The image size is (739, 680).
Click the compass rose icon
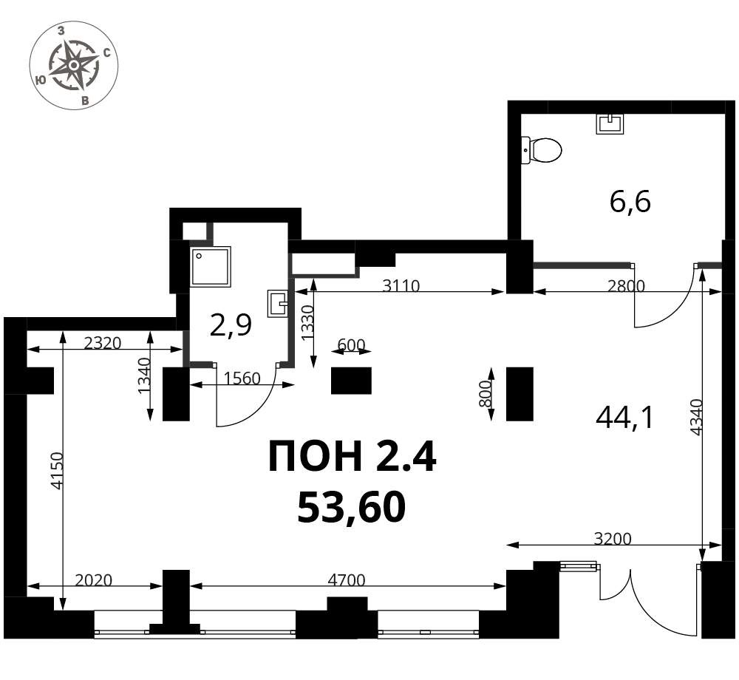coord(74,65)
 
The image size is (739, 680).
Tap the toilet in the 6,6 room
coord(542,150)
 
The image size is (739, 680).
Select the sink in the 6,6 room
coord(611,123)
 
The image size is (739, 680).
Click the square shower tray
coord(211,267)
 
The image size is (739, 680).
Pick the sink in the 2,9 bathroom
coord(278,303)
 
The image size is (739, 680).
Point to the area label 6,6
coord(630,203)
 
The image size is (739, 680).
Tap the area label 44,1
coord(624,418)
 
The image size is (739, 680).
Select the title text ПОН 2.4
coord(352,456)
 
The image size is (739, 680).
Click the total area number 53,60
coord(352,508)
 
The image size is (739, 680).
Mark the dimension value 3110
coord(401,285)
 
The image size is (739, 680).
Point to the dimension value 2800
coord(625,285)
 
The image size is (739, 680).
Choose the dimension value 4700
coord(347,579)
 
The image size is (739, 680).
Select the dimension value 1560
coord(242,378)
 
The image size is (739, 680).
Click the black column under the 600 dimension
coord(351,381)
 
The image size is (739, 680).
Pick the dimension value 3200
coord(612,538)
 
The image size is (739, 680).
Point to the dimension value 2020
coord(93,579)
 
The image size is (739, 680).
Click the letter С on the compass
coord(107,52)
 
